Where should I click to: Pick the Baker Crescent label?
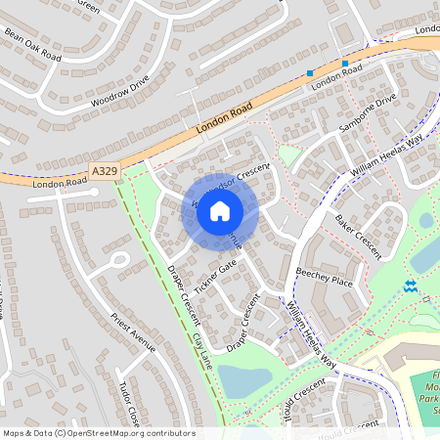click(x=356, y=230)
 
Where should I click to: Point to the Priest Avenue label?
click(x=134, y=332)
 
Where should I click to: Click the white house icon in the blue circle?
click(x=220, y=210)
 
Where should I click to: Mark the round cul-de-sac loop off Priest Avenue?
click(x=119, y=260)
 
